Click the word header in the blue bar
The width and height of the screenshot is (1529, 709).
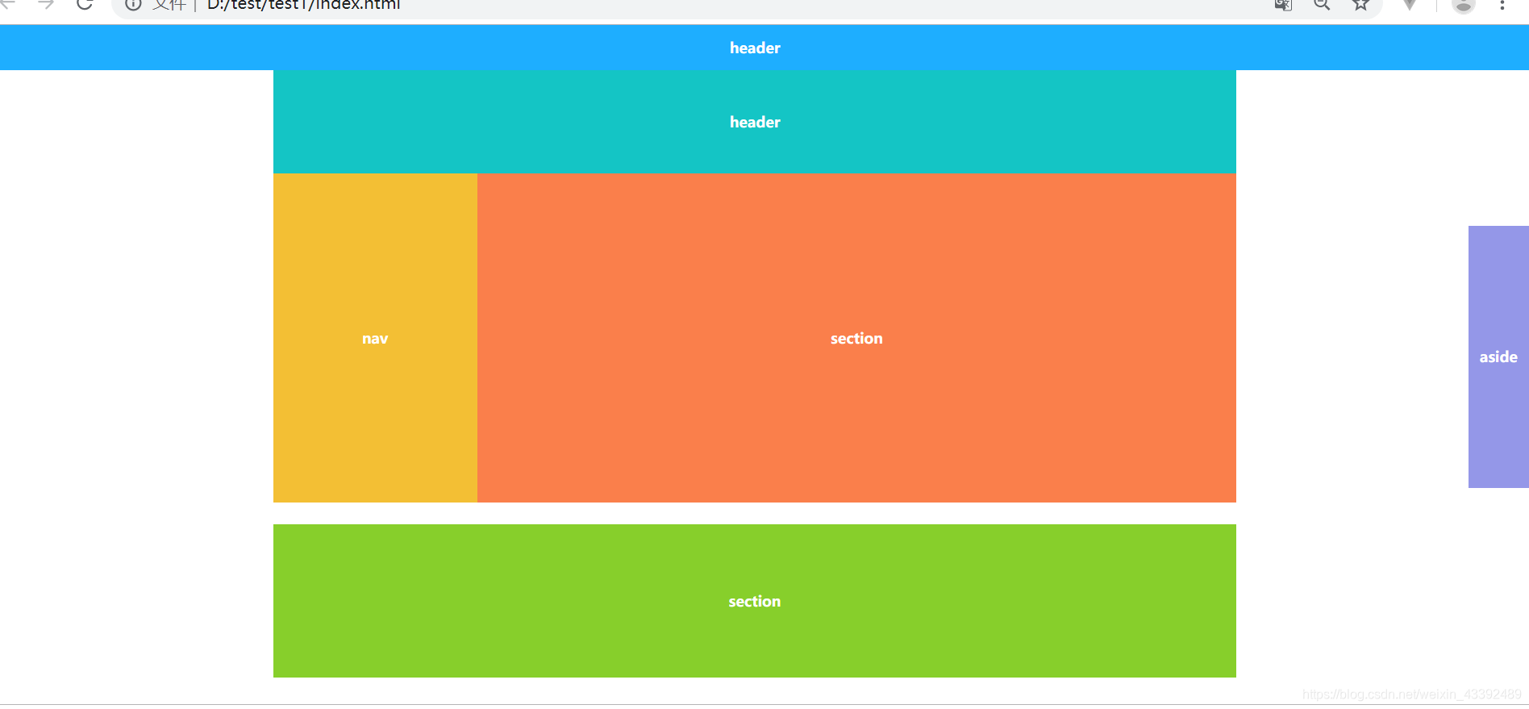[x=755, y=48]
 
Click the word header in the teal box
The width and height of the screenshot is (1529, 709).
[x=755, y=123]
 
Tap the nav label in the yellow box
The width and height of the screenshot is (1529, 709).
[x=375, y=339]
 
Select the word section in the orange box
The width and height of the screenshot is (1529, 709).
[x=856, y=339]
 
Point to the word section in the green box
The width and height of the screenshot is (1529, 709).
[x=755, y=602]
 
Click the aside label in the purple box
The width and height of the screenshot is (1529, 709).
[x=1498, y=357]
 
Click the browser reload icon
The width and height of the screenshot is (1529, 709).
[x=85, y=4]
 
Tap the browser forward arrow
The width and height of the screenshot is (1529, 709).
[x=46, y=4]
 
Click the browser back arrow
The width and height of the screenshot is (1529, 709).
[x=8, y=4]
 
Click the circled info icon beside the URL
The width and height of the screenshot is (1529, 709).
[x=134, y=4]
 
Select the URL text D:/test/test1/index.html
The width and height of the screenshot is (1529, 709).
[x=304, y=5]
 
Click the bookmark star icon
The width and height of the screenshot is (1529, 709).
[x=1361, y=4]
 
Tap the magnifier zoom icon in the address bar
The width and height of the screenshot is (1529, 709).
[x=1322, y=4]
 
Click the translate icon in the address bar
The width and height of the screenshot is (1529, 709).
[x=1283, y=5]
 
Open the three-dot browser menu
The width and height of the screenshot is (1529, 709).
[x=1502, y=5]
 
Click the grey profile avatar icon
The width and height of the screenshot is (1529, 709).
[x=1463, y=5]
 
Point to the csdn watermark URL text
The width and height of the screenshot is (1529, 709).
[x=1411, y=694]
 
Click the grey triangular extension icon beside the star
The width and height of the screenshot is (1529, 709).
[x=1410, y=5]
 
